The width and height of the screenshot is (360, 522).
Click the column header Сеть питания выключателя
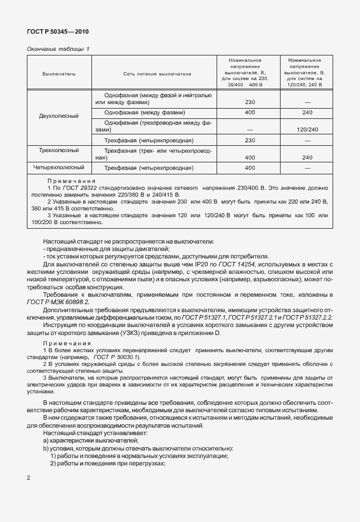[x=157, y=74]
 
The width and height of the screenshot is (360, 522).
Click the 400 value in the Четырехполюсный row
[x=250, y=168]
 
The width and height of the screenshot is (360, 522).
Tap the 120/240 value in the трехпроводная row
[x=307, y=130]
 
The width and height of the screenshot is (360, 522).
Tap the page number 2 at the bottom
[x=29, y=476]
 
